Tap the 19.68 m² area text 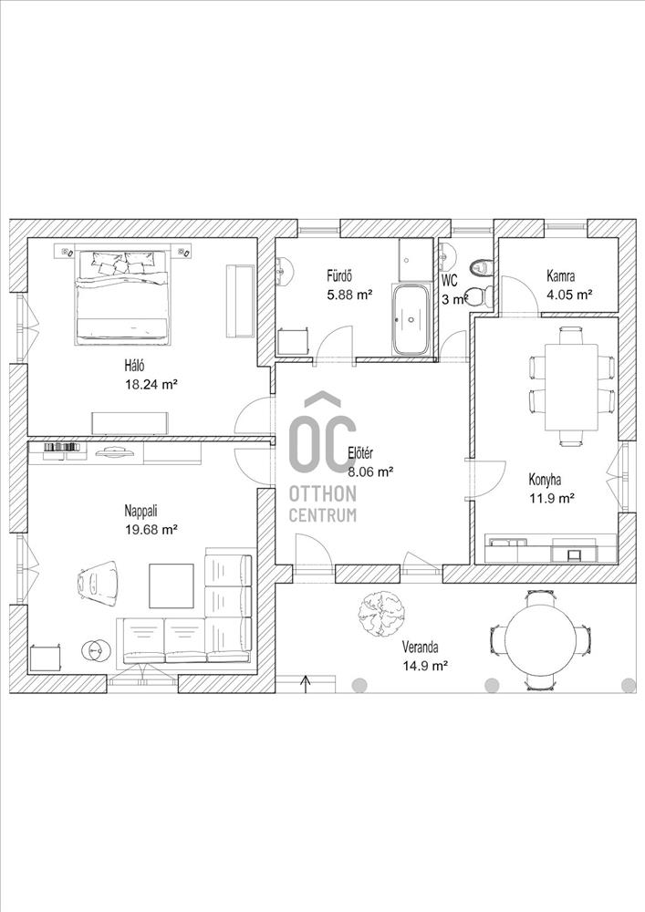(151, 528)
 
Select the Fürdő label (339, 275)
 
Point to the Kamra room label (561, 275)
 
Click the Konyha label (545, 480)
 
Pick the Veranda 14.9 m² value (425, 666)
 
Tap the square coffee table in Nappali (172, 587)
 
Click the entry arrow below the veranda (305, 682)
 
